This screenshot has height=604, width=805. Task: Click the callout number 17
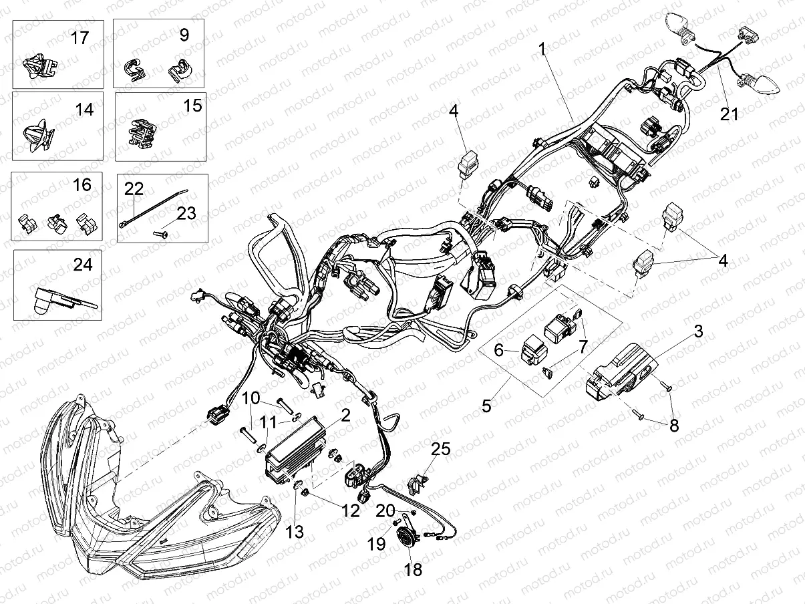pyautogui.click(x=79, y=37)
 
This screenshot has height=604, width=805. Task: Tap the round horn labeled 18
pyautogui.click(x=404, y=538)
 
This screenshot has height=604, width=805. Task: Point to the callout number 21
pyautogui.click(x=730, y=114)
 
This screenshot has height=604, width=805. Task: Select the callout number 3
pyautogui.click(x=697, y=331)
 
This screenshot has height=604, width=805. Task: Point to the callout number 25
pyautogui.click(x=440, y=450)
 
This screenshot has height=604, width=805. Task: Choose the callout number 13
pyautogui.click(x=295, y=532)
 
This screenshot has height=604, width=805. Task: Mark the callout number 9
pyautogui.click(x=184, y=35)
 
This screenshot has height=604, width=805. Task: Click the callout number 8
pyautogui.click(x=673, y=424)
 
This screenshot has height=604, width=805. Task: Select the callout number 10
pyautogui.click(x=251, y=399)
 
